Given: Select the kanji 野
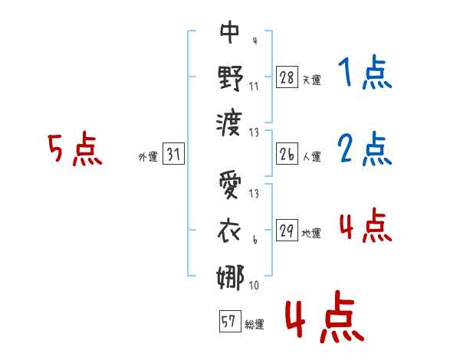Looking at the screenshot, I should (231, 77).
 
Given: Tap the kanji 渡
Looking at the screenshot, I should (231, 123).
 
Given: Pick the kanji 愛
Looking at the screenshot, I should (231, 186).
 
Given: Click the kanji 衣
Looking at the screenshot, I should (231, 231).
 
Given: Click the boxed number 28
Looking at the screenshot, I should (287, 77).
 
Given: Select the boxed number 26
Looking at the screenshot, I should (287, 153).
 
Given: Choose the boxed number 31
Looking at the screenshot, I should (173, 154).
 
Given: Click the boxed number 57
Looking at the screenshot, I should (229, 322).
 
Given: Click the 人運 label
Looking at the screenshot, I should (311, 156).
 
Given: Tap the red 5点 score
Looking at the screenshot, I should (74, 149).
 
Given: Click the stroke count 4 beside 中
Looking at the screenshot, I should (254, 39).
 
